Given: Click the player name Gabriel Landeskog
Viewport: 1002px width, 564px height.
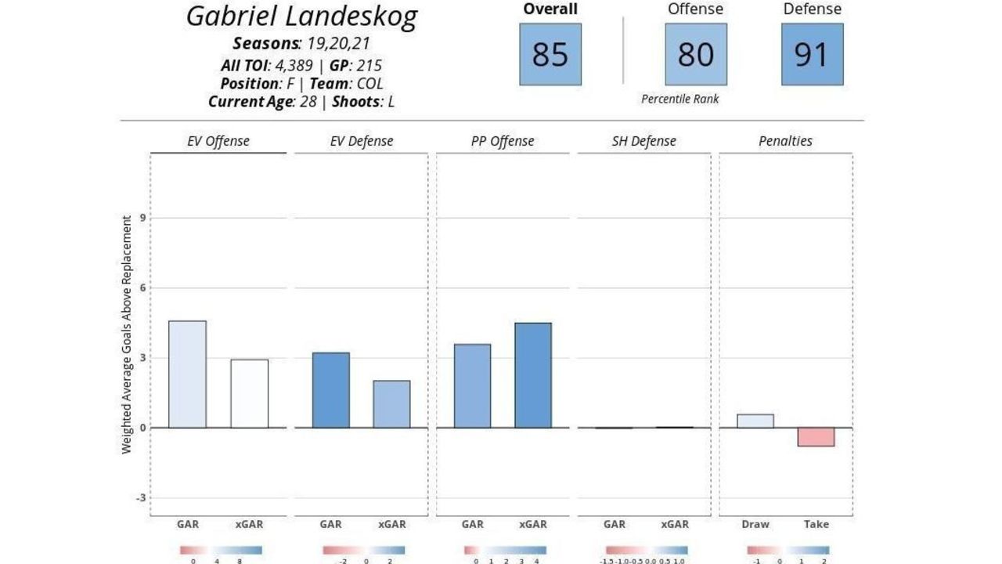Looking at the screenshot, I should tap(301, 16).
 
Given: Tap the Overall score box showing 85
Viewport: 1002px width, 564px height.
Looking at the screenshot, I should tap(550, 54).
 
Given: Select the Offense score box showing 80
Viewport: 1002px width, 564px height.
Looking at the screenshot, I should tap(696, 54).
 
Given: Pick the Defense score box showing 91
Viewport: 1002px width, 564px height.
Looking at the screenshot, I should tap(813, 54).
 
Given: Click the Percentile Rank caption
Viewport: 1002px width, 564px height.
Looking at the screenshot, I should tap(679, 99).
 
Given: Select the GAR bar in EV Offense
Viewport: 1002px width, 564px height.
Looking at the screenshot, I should tap(188, 374).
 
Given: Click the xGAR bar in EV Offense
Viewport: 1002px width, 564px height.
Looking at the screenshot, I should tap(250, 393).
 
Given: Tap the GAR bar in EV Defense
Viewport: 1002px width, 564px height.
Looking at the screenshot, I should tap(331, 390).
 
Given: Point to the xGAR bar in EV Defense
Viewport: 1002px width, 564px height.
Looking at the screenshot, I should tap(391, 404).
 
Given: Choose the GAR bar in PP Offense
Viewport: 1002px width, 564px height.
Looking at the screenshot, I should tap(473, 386).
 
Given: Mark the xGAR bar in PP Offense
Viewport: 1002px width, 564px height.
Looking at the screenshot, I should tap(533, 375).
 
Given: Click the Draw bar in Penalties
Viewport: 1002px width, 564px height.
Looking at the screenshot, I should tap(755, 421).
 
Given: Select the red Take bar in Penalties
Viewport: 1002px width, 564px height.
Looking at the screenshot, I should tap(816, 437).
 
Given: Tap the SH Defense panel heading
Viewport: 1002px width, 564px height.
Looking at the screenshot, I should tap(643, 142).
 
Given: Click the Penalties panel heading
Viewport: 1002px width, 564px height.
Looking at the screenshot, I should tap(785, 142).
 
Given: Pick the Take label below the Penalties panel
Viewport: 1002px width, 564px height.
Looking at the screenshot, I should tap(816, 524).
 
